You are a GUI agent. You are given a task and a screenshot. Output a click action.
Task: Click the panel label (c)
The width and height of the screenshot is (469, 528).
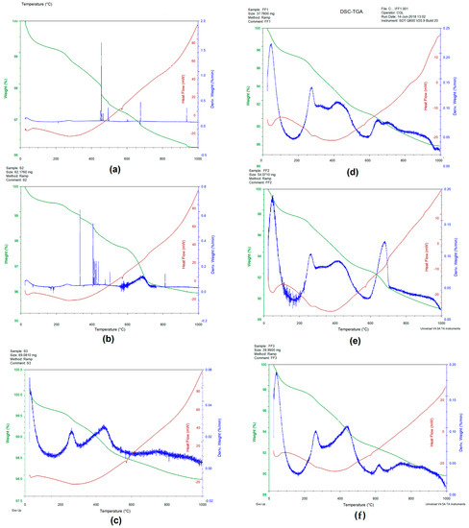click(116, 518)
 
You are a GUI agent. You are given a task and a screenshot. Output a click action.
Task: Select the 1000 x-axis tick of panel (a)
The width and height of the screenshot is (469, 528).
click(198, 158)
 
